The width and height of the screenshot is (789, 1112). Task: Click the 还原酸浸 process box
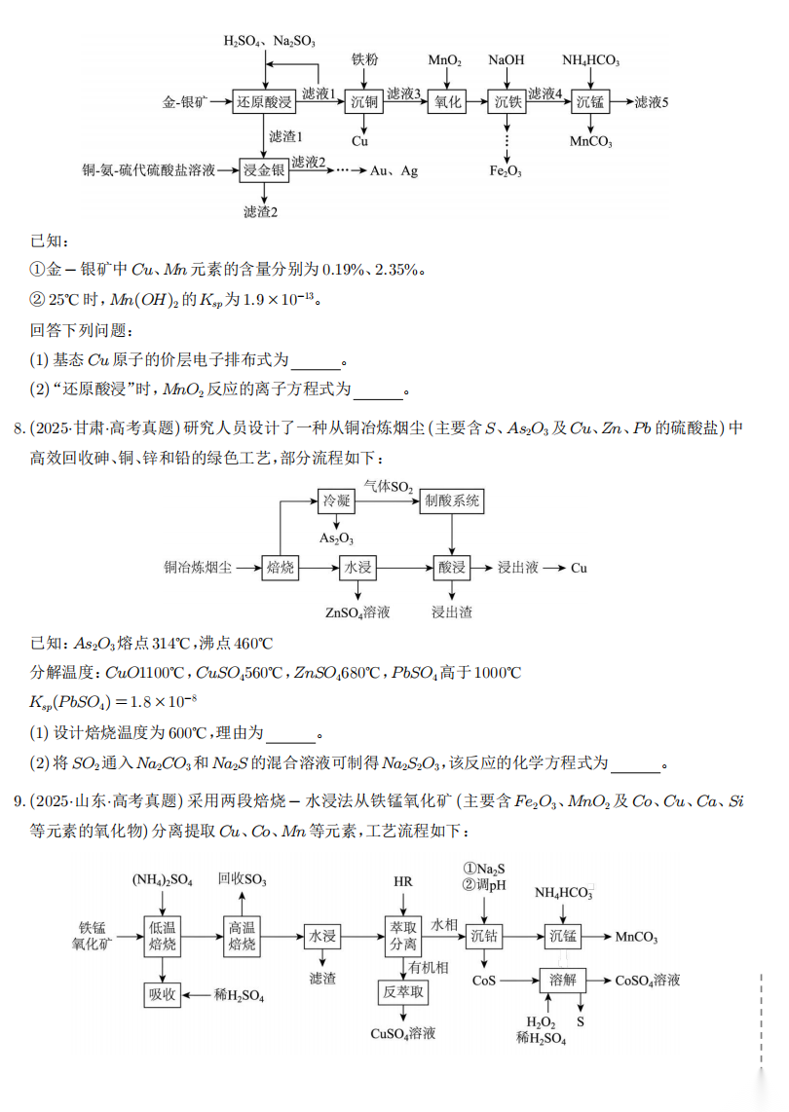point(264,101)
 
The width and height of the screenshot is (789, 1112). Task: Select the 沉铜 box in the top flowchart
point(364,101)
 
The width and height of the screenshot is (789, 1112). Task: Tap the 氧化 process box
point(447,101)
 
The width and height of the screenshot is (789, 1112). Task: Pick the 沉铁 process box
point(507,101)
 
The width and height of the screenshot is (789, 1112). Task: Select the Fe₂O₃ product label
point(506,171)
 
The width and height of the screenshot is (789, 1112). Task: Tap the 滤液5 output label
point(652,101)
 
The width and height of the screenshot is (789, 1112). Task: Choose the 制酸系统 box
point(452,500)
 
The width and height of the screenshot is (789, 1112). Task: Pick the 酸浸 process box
point(452,567)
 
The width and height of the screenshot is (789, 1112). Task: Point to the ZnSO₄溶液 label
point(357,612)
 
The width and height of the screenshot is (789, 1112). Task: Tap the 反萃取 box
point(402,992)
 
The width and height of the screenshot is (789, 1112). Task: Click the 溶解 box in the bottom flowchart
point(563,980)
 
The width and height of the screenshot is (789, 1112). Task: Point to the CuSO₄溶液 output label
point(402,1033)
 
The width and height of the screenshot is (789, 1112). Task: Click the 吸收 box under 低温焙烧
point(162,994)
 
